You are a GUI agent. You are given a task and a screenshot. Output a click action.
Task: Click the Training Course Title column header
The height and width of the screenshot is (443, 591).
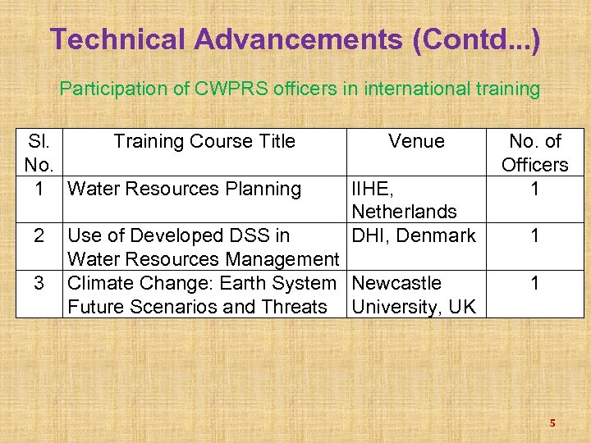(204, 141)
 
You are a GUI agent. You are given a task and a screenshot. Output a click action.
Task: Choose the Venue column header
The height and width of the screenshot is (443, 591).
(416, 141)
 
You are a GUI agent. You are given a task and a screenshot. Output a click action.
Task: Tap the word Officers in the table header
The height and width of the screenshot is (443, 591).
(534, 165)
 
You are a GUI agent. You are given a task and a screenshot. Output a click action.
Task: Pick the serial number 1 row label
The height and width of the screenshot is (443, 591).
(38, 189)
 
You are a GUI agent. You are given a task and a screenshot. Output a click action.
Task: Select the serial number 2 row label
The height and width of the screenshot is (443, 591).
(38, 236)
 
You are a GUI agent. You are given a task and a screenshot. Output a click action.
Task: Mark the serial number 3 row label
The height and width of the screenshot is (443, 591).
(38, 283)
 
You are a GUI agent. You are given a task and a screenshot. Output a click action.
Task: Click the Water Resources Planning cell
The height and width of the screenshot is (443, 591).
(184, 189)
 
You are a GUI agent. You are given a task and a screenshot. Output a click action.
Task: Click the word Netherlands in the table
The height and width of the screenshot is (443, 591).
(404, 212)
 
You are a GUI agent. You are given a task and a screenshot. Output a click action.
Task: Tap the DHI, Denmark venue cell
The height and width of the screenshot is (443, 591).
(413, 236)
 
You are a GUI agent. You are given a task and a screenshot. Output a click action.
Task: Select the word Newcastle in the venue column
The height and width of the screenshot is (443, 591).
(396, 283)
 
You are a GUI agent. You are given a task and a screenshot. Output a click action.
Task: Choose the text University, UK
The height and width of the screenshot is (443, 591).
(413, 307)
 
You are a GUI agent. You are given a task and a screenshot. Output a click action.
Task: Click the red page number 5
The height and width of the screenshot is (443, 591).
(552, 423)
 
